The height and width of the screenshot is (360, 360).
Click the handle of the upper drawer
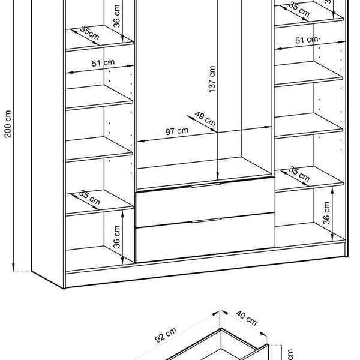coord(205,187)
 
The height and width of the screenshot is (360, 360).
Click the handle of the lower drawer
coord(205,222)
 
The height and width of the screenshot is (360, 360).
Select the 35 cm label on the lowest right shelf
coord(298,174)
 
